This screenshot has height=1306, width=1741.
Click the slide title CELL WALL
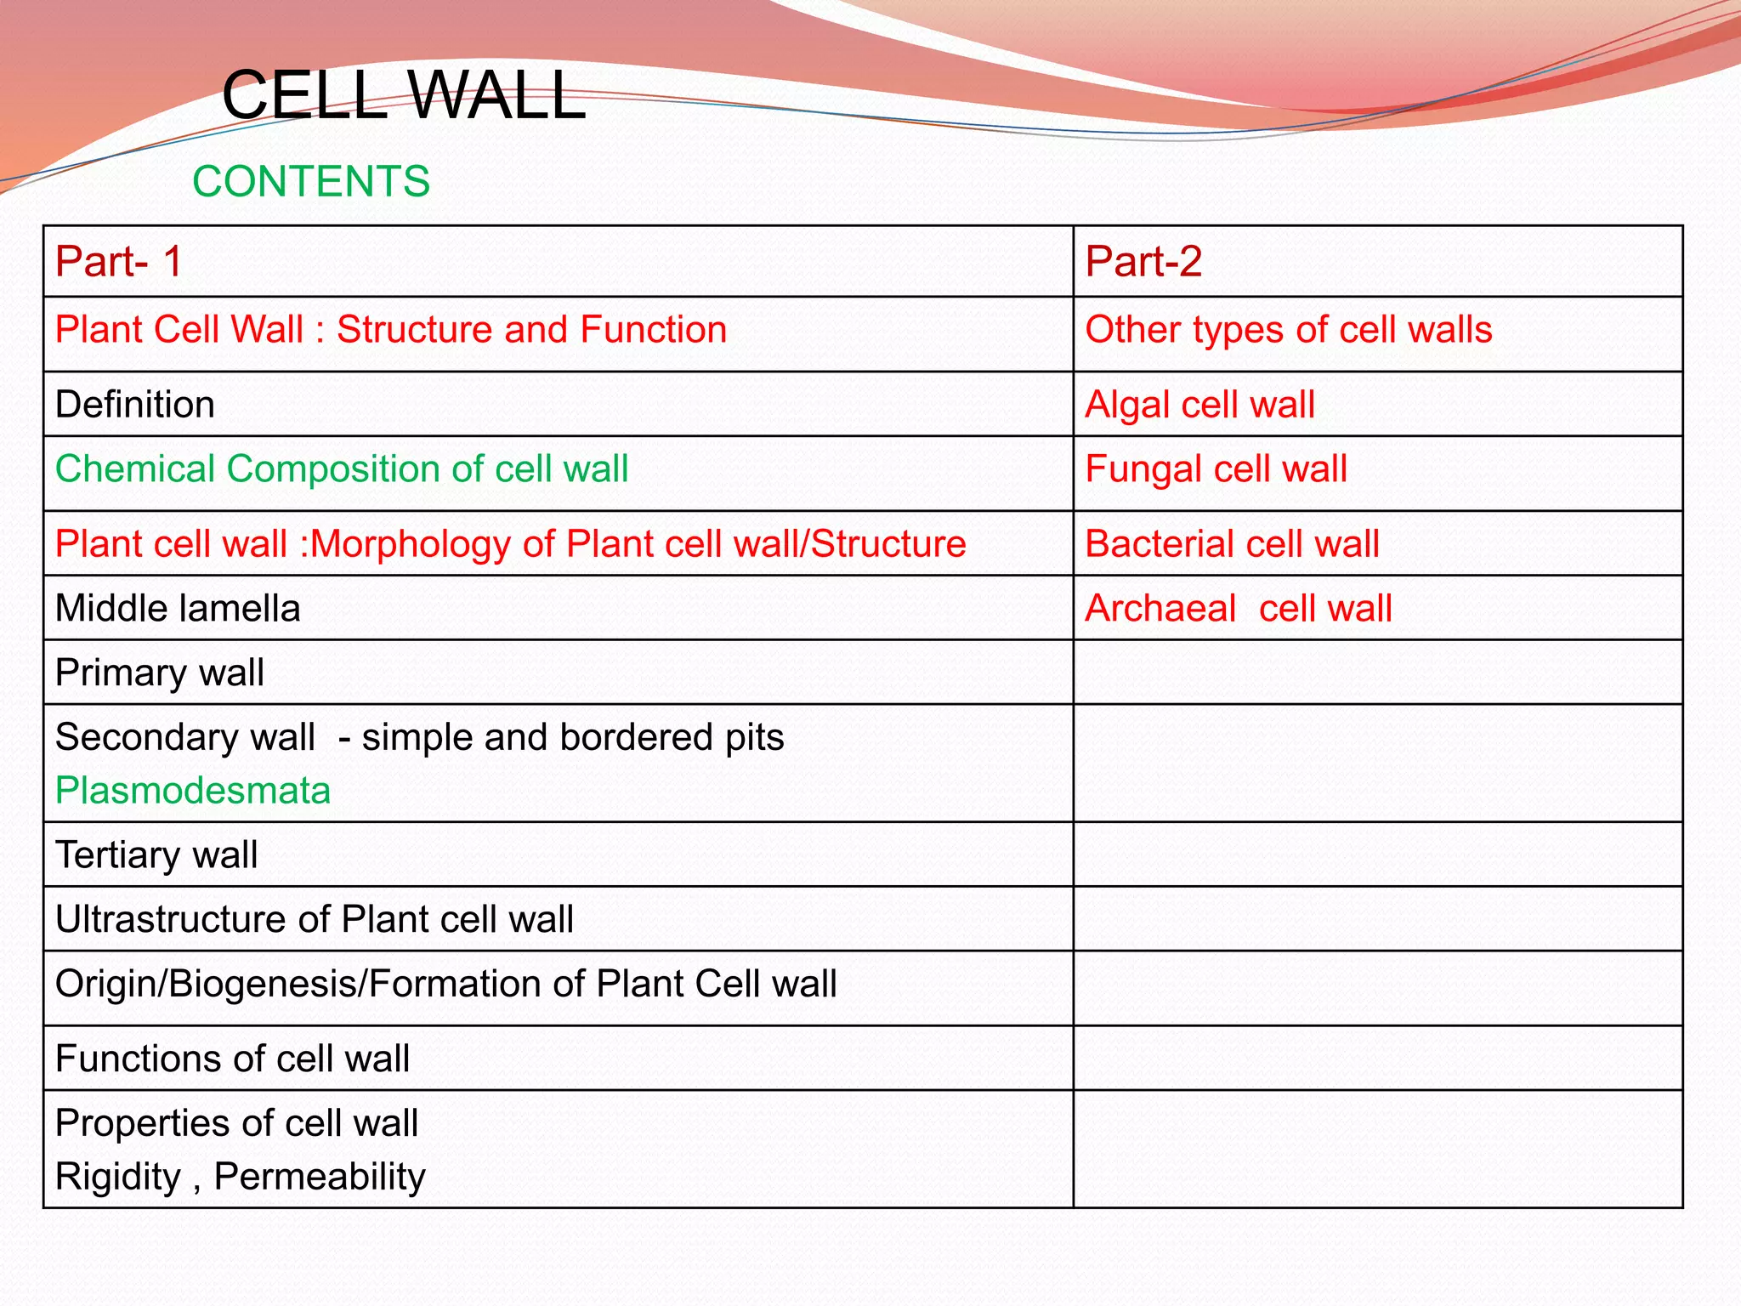coord(403,95)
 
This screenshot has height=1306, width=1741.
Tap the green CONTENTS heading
coord(311,181)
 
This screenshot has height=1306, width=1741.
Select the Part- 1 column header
coord(119,261)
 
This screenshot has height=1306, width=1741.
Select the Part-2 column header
coord(1143,261)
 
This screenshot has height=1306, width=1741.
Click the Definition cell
coord(135,404)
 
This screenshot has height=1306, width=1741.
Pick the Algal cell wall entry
coord(1199,404)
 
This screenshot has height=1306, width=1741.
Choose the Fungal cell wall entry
coord(1216,469)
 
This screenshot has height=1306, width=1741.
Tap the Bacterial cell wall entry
coord(1232,544)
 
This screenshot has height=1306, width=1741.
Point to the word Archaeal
coord(1160,609)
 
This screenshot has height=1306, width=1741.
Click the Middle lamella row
coord(178,609)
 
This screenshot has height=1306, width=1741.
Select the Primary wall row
coord(160,673)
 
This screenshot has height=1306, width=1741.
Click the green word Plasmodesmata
coord(193,791)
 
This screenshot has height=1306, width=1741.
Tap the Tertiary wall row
coord(156,855)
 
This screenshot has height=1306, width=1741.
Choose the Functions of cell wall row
coord(232,1059)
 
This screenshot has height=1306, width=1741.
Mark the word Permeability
coord(320,1177)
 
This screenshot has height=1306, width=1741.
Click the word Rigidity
coord(118,1177)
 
